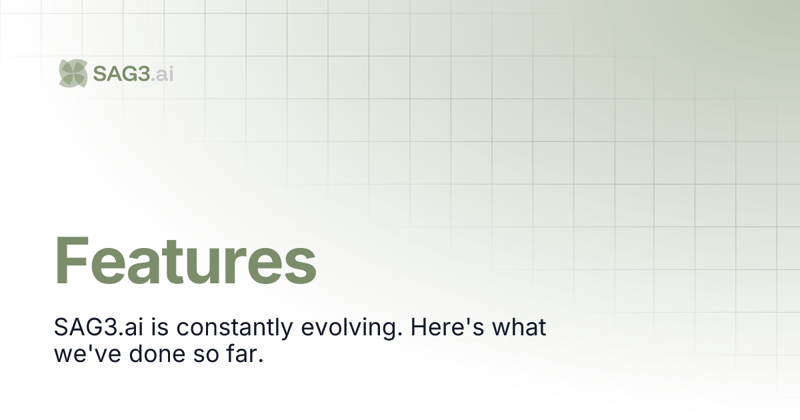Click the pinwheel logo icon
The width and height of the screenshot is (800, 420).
tap(73, 73)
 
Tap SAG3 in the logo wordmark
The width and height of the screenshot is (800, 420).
tap(121, 74)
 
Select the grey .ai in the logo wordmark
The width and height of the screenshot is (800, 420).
tap(163, 74)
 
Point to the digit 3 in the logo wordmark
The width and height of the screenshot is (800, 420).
tap(143, 74)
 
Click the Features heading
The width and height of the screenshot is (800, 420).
tap(185, 261)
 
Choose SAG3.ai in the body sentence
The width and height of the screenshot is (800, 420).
tap(99, 327)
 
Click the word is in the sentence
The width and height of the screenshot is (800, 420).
tap(159, 327)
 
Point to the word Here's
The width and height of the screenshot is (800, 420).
tap(447, 327)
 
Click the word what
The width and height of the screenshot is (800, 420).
tap(519, 327)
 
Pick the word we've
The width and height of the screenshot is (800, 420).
tap(87, 354)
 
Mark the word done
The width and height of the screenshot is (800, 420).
tap(157, 353)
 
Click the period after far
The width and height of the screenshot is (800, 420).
tap(261, 361)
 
